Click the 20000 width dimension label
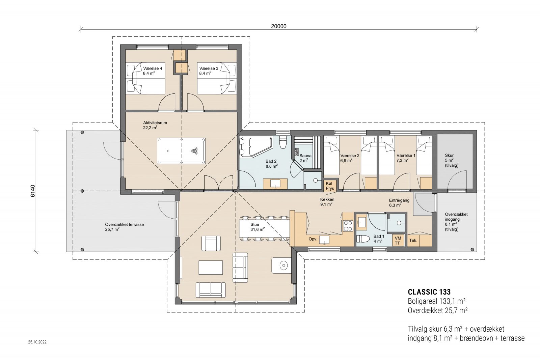(x=278, y=26)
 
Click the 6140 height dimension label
(x=33, y=191)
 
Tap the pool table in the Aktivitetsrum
(x=181, y=150)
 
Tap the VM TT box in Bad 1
(x=398, y=241)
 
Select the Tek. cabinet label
(x=413, y=241)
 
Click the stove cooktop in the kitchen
(x=348, y=225)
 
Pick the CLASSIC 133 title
(x=429, y=292)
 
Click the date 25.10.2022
(x=37, y=342)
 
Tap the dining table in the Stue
(x=264, y=229)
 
